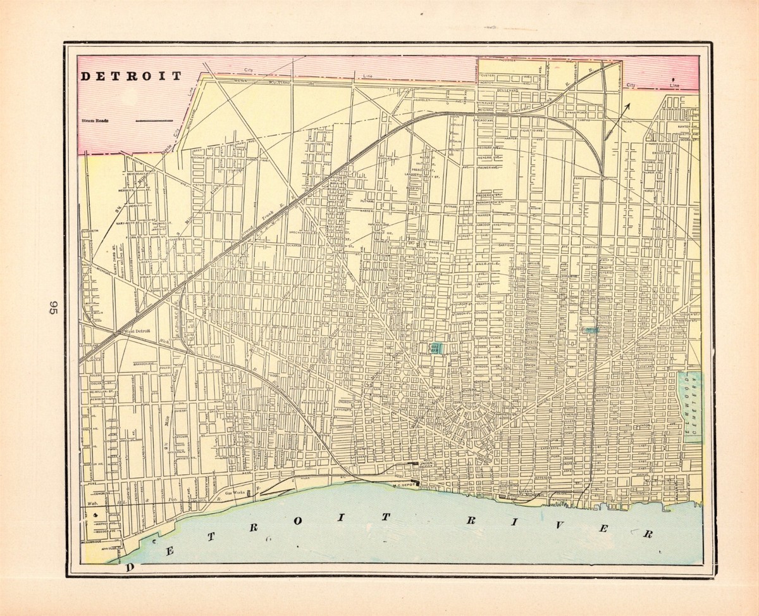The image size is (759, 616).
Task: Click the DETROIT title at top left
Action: point(131,76)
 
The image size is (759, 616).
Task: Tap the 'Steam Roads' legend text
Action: point(96,120)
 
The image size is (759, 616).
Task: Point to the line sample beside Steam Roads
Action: point(154,120)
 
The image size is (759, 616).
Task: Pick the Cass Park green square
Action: point(437,348)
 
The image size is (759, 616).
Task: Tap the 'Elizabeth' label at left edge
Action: point(90,231)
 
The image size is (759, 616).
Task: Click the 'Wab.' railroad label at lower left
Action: point(90,505)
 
